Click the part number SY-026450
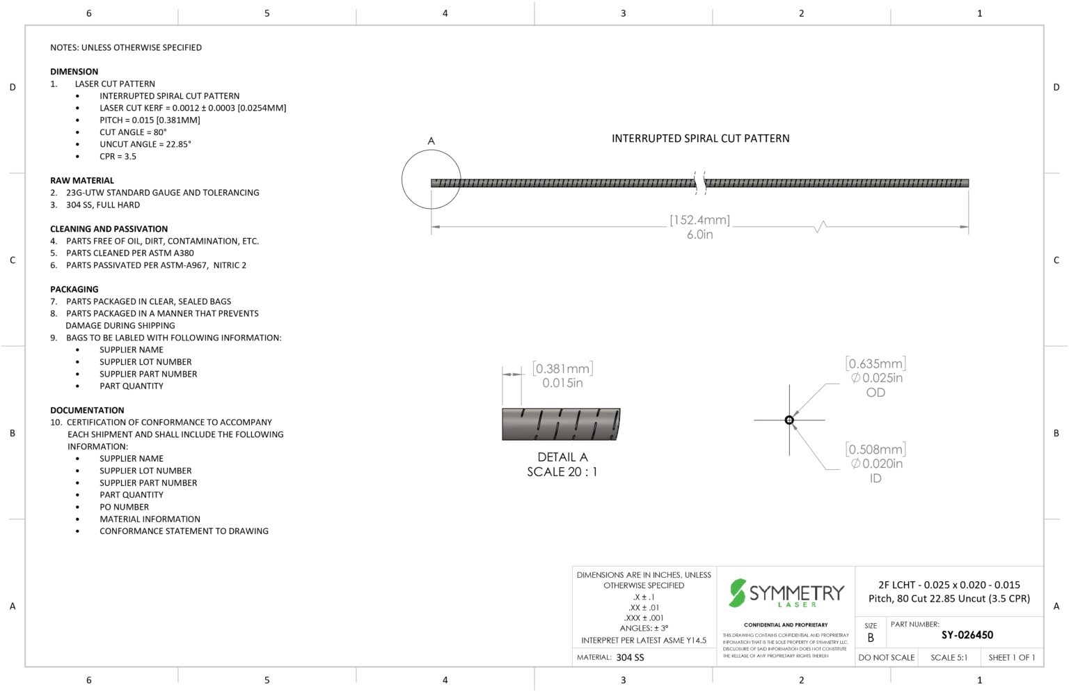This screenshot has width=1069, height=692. point(967,635)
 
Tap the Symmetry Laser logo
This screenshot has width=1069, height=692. point(786,593)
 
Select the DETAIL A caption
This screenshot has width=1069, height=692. point(562,457)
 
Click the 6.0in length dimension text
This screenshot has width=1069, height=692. point(699,235)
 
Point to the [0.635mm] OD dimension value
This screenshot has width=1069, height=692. point(876,363)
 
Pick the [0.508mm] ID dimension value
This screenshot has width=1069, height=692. point(876,449)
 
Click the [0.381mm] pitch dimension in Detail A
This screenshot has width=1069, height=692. point(562,368)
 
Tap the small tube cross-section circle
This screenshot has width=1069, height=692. point(789,420)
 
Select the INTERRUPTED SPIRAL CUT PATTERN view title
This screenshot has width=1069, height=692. point(701,139)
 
